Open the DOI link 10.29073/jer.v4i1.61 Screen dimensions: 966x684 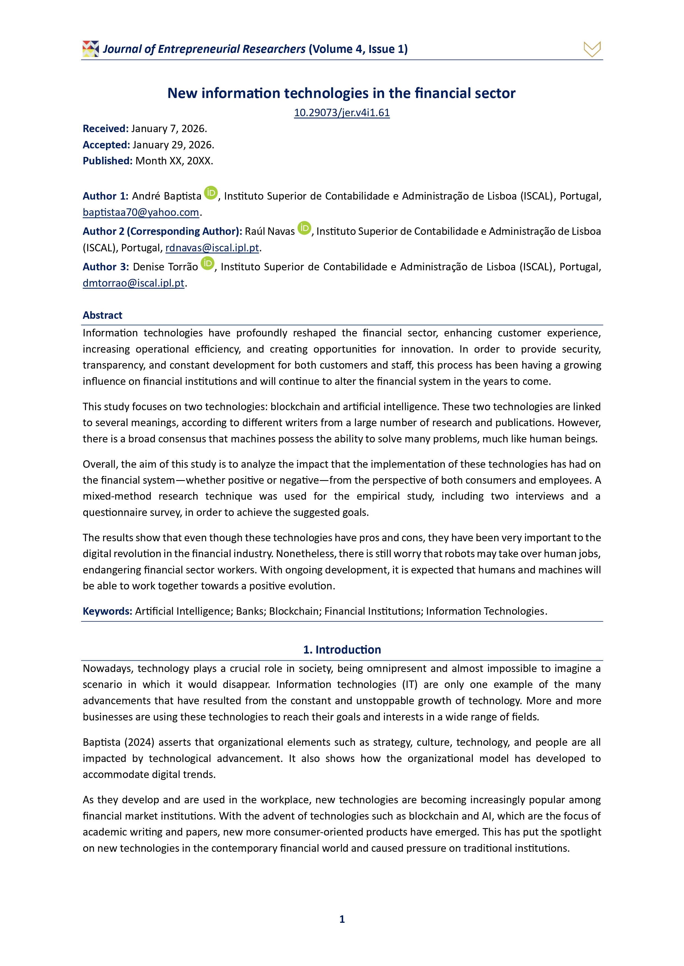(341, 113)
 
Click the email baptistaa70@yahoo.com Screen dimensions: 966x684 (141, 213)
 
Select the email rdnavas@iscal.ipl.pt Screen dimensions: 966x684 (212, 248)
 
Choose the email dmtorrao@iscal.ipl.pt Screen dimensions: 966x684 (133, 283)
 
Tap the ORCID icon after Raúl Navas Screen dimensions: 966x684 (304, 228)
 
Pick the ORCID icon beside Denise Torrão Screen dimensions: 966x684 (207, 263)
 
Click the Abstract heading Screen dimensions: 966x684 (102, 315)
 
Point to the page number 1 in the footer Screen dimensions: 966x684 (342, 919)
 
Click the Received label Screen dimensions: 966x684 (105, 129)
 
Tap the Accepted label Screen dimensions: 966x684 (106, 145)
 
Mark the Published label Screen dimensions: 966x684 (107, 161)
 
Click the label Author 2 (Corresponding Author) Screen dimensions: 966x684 (162, 232)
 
